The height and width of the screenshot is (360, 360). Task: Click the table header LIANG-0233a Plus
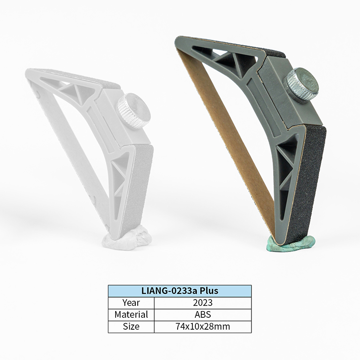click(x=180, y=291)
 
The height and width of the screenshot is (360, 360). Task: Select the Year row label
click(x=131, y=302)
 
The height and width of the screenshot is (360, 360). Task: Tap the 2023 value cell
click(x=203, y=302)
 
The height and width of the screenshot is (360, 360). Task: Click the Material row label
click(x=131, y=314)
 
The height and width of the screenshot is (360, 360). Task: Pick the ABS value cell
click(x=203, y=314)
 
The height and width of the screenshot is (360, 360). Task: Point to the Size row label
click(x=131, y=326)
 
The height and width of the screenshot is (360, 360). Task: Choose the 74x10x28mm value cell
click(x=203, y=326)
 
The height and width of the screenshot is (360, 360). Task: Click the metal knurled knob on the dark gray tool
click(x=301, y=84)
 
